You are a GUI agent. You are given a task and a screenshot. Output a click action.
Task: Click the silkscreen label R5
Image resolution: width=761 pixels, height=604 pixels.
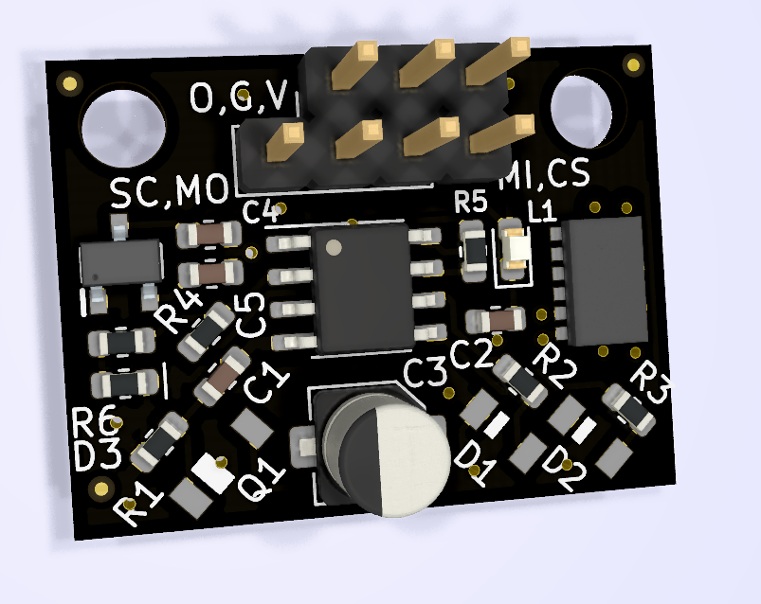click(470, 202)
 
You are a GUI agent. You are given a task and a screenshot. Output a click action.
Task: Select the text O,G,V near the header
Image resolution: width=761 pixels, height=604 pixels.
click(239, 96)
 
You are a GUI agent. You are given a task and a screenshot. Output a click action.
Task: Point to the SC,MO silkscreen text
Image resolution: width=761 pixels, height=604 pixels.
click(170, 190)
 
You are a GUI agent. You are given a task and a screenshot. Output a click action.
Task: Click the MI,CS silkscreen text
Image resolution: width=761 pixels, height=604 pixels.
click(545, 174)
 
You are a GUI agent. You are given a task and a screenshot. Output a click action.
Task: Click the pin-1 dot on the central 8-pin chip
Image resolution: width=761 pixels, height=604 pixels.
click(334, 247)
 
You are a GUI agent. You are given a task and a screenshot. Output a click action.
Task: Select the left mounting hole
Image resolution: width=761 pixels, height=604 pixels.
click(123, 128)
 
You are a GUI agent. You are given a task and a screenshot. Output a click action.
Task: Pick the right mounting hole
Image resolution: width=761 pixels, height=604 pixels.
click(581, 112)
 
